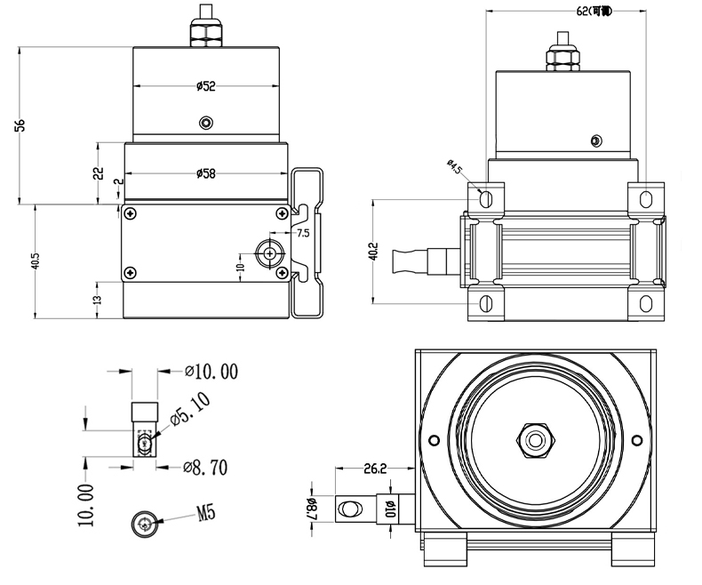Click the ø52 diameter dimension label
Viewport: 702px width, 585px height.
207,86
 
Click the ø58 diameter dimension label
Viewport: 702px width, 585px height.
207,173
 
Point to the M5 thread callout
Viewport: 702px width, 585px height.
206,513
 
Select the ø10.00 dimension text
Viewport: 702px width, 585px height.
211,372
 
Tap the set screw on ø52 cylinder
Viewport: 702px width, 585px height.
207,122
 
